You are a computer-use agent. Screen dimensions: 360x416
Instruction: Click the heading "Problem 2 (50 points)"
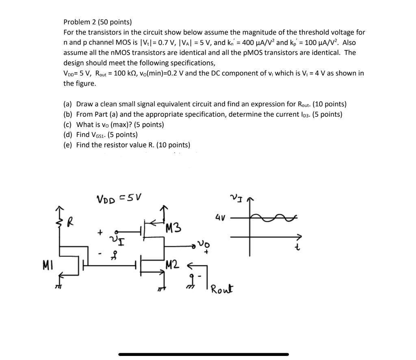(97, 22)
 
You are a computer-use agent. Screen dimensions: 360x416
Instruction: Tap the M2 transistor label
(172, 266)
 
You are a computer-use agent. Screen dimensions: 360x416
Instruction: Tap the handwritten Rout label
(221, 289)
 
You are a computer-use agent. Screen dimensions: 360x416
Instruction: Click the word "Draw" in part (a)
(84, 104)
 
